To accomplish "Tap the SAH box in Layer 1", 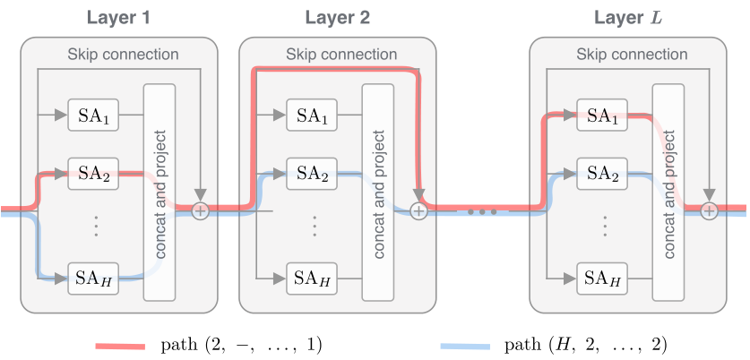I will tap(93, 279).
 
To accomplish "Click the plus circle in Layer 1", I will tap(199, 211).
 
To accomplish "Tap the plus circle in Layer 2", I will tap(418, 211).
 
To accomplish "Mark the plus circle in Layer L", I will tap(709, 211).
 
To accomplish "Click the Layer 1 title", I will tap(118, 17).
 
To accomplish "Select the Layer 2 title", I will tap(337, 17).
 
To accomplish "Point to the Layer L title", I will tap(627, 17).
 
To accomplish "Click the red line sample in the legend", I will tap(120, 345).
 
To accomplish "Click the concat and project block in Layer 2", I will tap(379, 191).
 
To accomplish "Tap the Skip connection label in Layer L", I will tap(632, 55).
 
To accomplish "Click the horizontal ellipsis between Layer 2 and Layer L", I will tap(482, 213).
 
